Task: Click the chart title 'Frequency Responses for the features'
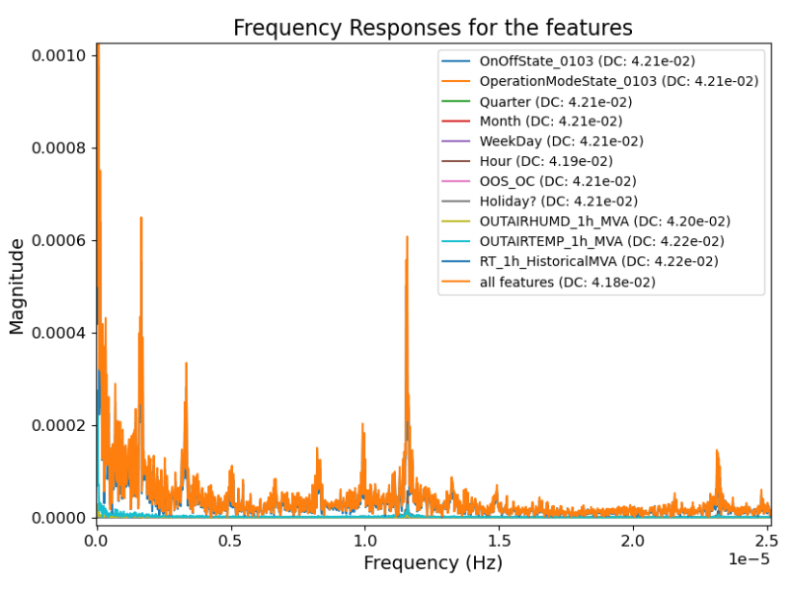click(x=433, y=28)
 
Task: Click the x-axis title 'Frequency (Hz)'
click(x=433, y=563)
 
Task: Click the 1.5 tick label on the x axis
click(x=499, y=540)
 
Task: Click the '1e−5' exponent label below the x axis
click(x=748, y=559)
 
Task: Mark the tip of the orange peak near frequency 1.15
click(x=407, y=236)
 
